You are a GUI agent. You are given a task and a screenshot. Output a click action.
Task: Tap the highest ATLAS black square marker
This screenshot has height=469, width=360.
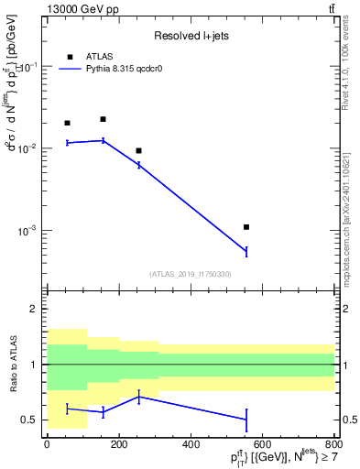coord(103,119)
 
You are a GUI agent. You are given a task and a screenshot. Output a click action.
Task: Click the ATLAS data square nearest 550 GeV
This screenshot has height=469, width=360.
coord(246,226)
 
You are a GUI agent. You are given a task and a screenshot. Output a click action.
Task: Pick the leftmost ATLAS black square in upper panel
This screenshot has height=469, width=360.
coord(67,123)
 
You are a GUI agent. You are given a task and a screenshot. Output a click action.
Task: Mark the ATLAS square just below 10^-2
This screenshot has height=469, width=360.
coord(138,150)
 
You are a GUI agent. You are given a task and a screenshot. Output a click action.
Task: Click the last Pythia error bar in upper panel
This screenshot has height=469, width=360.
coord(246,251)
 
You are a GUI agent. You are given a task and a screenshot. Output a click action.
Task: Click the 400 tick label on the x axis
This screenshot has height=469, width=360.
coord(191,444)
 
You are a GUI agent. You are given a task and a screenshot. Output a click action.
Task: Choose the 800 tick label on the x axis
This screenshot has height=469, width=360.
coord(334,444)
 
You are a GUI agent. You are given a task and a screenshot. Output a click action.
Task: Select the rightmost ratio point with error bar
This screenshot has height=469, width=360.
coord(246,420)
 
